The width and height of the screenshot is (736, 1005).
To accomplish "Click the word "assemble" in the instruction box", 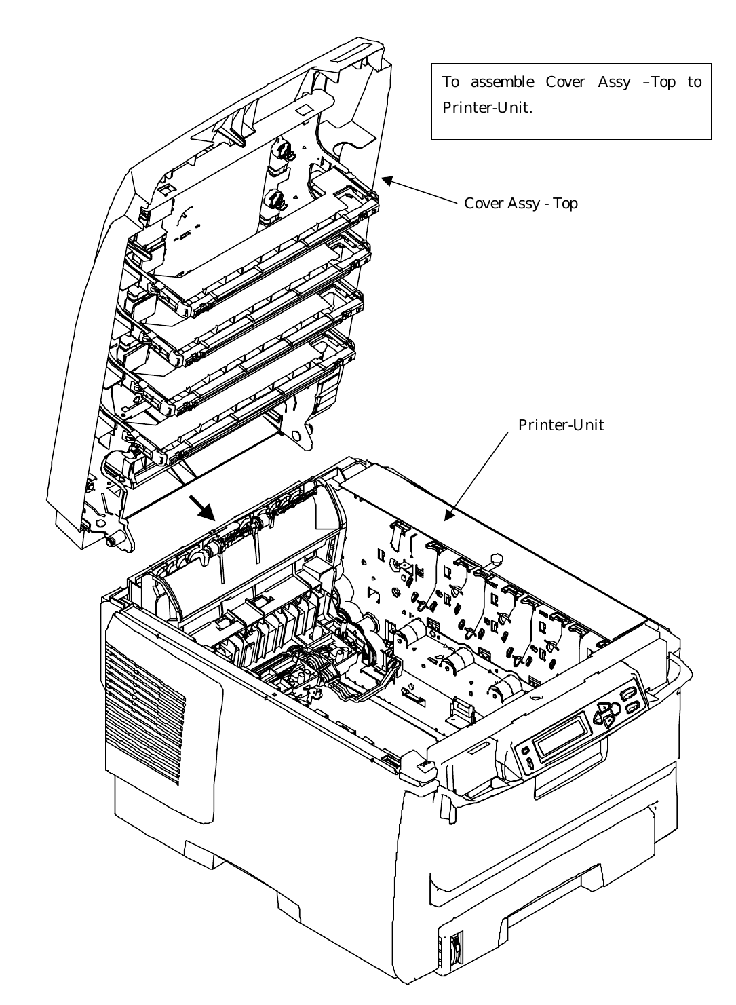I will pyautogui.click(x=501, y=83).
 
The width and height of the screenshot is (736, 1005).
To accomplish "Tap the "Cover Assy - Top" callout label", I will pyautogui.click(x=520, y=204).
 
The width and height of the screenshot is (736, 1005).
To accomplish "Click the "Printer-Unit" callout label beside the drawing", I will pyautogui.click(x=561, y=425).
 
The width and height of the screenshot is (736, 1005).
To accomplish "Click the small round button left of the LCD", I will pyautogui.click(x=524, y=751).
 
